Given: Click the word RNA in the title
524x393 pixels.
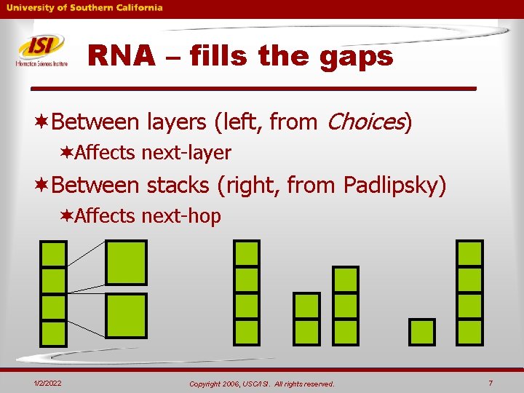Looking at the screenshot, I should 121,56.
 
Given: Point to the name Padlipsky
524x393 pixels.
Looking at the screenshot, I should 391,186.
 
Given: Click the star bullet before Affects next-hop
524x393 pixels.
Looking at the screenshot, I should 66,216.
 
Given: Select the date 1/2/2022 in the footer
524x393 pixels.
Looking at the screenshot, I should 47,384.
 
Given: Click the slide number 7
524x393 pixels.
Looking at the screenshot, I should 491,383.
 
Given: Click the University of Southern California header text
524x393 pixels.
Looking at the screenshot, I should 85,8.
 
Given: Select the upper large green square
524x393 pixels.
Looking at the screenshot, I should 126,262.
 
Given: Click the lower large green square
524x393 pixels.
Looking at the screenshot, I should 126,314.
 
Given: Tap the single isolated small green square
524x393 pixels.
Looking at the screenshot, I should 422,332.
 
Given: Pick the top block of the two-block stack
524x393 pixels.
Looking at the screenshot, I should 306,305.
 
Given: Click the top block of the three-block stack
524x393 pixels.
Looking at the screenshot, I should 346,279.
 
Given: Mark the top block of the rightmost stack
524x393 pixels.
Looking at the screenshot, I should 469,253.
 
